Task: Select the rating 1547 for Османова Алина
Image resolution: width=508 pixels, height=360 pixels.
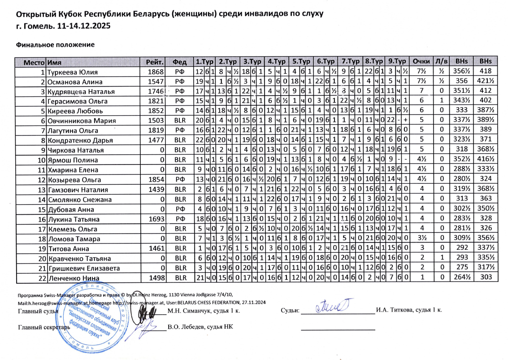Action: [155, 82]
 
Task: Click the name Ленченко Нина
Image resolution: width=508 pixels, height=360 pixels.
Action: [72, 278]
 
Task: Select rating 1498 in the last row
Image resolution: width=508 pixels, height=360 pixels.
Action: [155, 278]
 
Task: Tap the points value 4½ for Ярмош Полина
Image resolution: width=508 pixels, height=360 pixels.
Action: [421, 160]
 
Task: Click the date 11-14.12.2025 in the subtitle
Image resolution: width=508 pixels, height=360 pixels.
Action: [84, 26]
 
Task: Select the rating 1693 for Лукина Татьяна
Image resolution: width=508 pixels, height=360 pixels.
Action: [155, 219]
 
